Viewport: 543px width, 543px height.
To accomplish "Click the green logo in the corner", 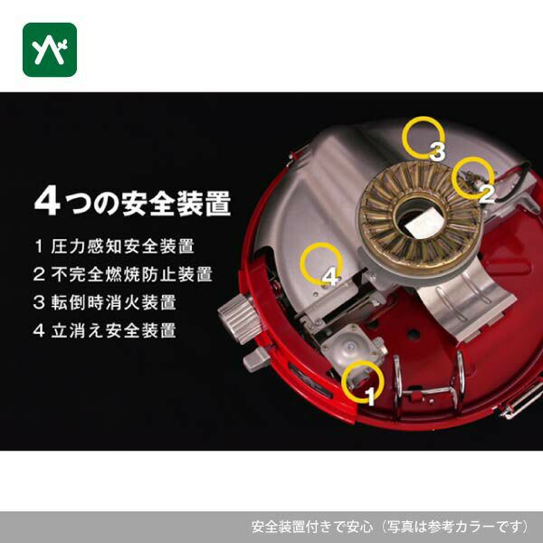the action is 50,50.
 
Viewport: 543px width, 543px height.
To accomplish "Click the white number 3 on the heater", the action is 437,151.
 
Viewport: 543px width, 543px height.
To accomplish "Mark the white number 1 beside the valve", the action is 370,396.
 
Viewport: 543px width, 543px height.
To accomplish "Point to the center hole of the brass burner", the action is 420,217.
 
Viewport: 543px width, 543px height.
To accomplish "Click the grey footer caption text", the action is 390,527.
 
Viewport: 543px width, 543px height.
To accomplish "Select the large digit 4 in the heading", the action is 47,202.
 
